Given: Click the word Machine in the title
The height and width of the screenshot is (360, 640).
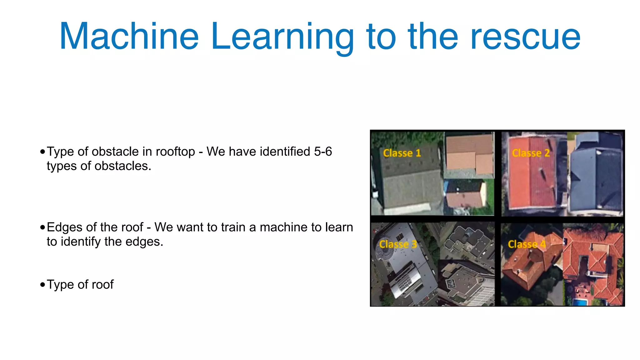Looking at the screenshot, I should pos(129,36).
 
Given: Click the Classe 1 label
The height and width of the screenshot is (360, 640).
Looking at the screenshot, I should pos(402,153).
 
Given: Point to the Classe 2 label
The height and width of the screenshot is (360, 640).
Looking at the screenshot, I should pos(531,153).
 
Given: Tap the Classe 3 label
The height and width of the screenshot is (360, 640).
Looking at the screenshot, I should pos(398,244).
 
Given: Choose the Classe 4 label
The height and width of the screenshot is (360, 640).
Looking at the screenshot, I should pos(527,244).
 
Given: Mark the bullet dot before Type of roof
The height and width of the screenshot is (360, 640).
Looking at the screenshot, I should pos(42,285).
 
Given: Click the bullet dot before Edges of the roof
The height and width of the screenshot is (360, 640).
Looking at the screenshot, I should pos(42,227).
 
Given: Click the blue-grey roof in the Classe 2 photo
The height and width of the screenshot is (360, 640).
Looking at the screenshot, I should pos(595,175).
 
